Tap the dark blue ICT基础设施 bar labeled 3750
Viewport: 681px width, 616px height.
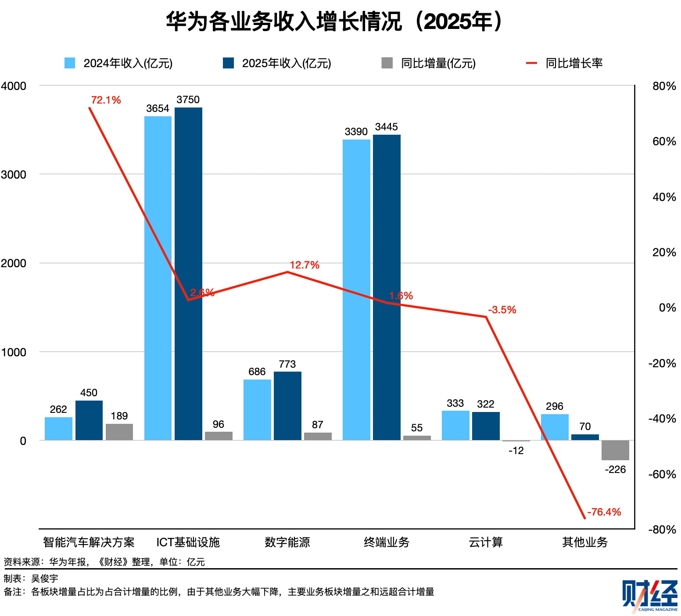tap(188, 272)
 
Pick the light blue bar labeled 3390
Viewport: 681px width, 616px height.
tap(356, 290)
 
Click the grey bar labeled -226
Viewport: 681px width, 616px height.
tap(615, 450)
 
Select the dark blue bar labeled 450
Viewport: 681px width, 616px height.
tap(89, 420)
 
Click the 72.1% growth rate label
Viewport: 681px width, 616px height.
tap(106, 100)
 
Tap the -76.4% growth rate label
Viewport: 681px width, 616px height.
tap(604, 512)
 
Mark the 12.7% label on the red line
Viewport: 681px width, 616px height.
tap(305, 265)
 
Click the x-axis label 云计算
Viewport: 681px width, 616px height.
tap(486, 542)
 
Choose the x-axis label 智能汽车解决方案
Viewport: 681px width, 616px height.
tap(89, 542)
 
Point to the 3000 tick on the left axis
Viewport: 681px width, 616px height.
tap(14, 175)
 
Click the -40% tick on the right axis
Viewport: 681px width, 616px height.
tap(662, 419)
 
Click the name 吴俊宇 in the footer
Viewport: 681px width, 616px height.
tap(45, 579)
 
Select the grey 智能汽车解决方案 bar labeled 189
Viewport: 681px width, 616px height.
tap(119, 432)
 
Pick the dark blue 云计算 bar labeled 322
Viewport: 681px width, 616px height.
tap(486, 426)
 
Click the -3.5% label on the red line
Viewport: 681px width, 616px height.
tap(502, 310)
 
